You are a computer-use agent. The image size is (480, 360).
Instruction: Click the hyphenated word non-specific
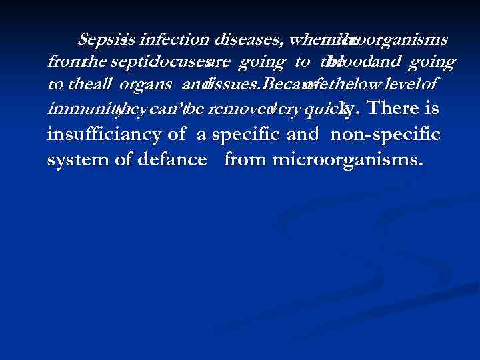pos(385,135)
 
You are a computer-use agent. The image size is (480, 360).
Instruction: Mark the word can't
pos(162,109)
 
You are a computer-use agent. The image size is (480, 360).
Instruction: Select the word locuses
pos(188,62)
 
